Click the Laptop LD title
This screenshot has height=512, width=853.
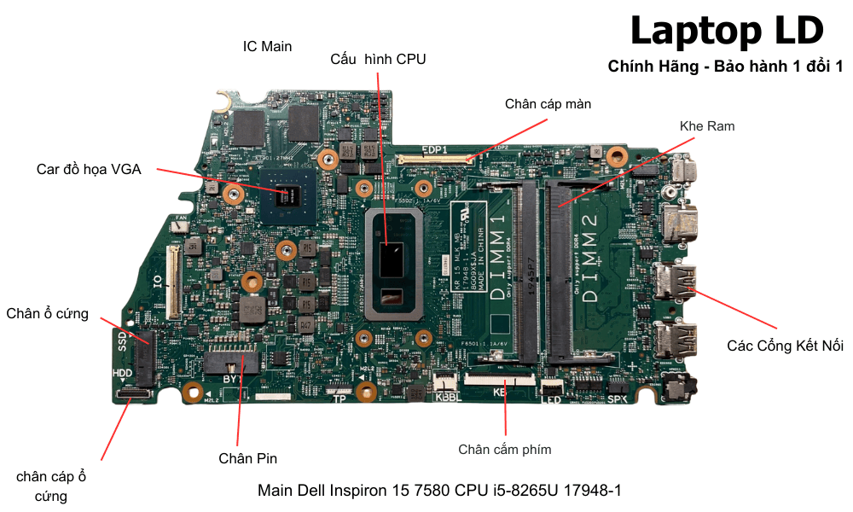727,31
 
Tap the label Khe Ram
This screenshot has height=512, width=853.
707,126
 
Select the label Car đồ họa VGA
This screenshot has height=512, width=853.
89,169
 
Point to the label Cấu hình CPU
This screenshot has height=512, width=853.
378,59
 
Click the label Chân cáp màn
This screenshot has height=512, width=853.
548,104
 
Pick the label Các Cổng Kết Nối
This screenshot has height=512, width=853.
785,346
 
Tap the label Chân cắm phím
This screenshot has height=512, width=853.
504,450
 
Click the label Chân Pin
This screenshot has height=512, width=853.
247,458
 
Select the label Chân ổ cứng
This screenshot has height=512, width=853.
47,313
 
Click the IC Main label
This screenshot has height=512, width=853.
267,46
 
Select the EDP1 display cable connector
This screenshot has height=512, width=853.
435,159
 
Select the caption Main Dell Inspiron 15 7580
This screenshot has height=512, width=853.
439,491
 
